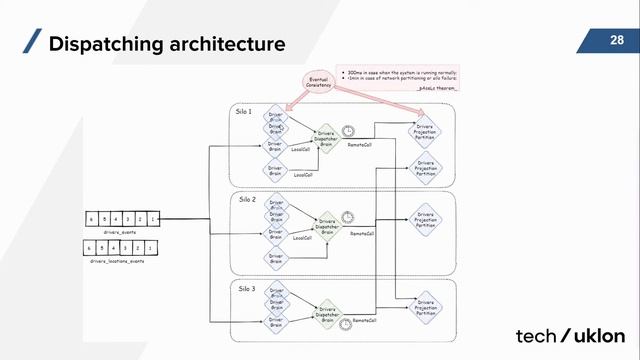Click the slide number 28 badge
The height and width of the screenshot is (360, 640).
point(616,41)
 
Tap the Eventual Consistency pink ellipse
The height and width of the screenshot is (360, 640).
point(319,84)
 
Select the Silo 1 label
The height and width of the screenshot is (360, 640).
point(244,109)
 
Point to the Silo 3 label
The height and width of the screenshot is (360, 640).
point(246,289)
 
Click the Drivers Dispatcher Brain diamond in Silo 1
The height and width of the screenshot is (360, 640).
point(325,139)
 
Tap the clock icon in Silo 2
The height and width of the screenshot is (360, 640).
point(346,216)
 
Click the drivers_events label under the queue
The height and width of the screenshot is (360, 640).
point(105,231)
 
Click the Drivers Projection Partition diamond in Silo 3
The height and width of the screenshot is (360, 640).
point(426,308)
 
